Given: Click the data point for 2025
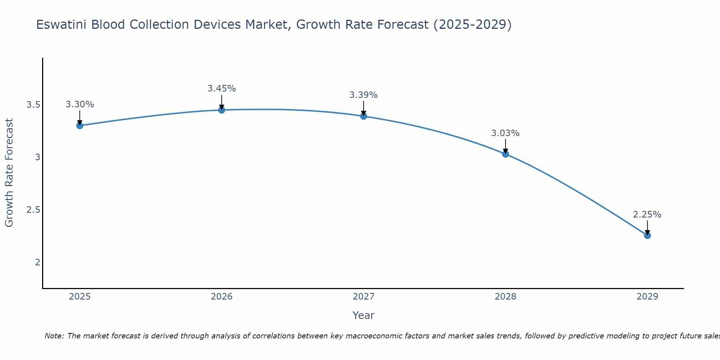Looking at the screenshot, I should point(80,125).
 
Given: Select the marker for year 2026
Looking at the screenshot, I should point(221,110).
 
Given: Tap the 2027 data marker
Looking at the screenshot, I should point(363,116).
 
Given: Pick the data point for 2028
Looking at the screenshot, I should point(505,154).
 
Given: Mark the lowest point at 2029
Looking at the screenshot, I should point(647,235).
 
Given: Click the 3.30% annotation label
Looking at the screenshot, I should point(80,104).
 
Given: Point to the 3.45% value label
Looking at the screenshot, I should point(221,88).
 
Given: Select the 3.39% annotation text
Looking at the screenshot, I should point(363,95).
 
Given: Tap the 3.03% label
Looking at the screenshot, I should point(505,133).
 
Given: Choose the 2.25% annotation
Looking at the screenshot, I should point(647,215).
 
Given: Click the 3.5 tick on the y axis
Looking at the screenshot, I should point(33,105).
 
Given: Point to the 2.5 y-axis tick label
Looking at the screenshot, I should point(33,210).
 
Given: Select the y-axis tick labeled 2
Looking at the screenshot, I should point(37,262).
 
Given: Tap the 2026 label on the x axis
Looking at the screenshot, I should point(221,297).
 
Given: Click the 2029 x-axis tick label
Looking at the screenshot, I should point(647,297).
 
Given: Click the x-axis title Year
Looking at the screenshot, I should point(363,315).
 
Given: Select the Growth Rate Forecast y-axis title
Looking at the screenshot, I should point(9,173).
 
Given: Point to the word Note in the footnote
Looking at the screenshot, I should point(54,336).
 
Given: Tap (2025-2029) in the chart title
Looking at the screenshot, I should point(472,24).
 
